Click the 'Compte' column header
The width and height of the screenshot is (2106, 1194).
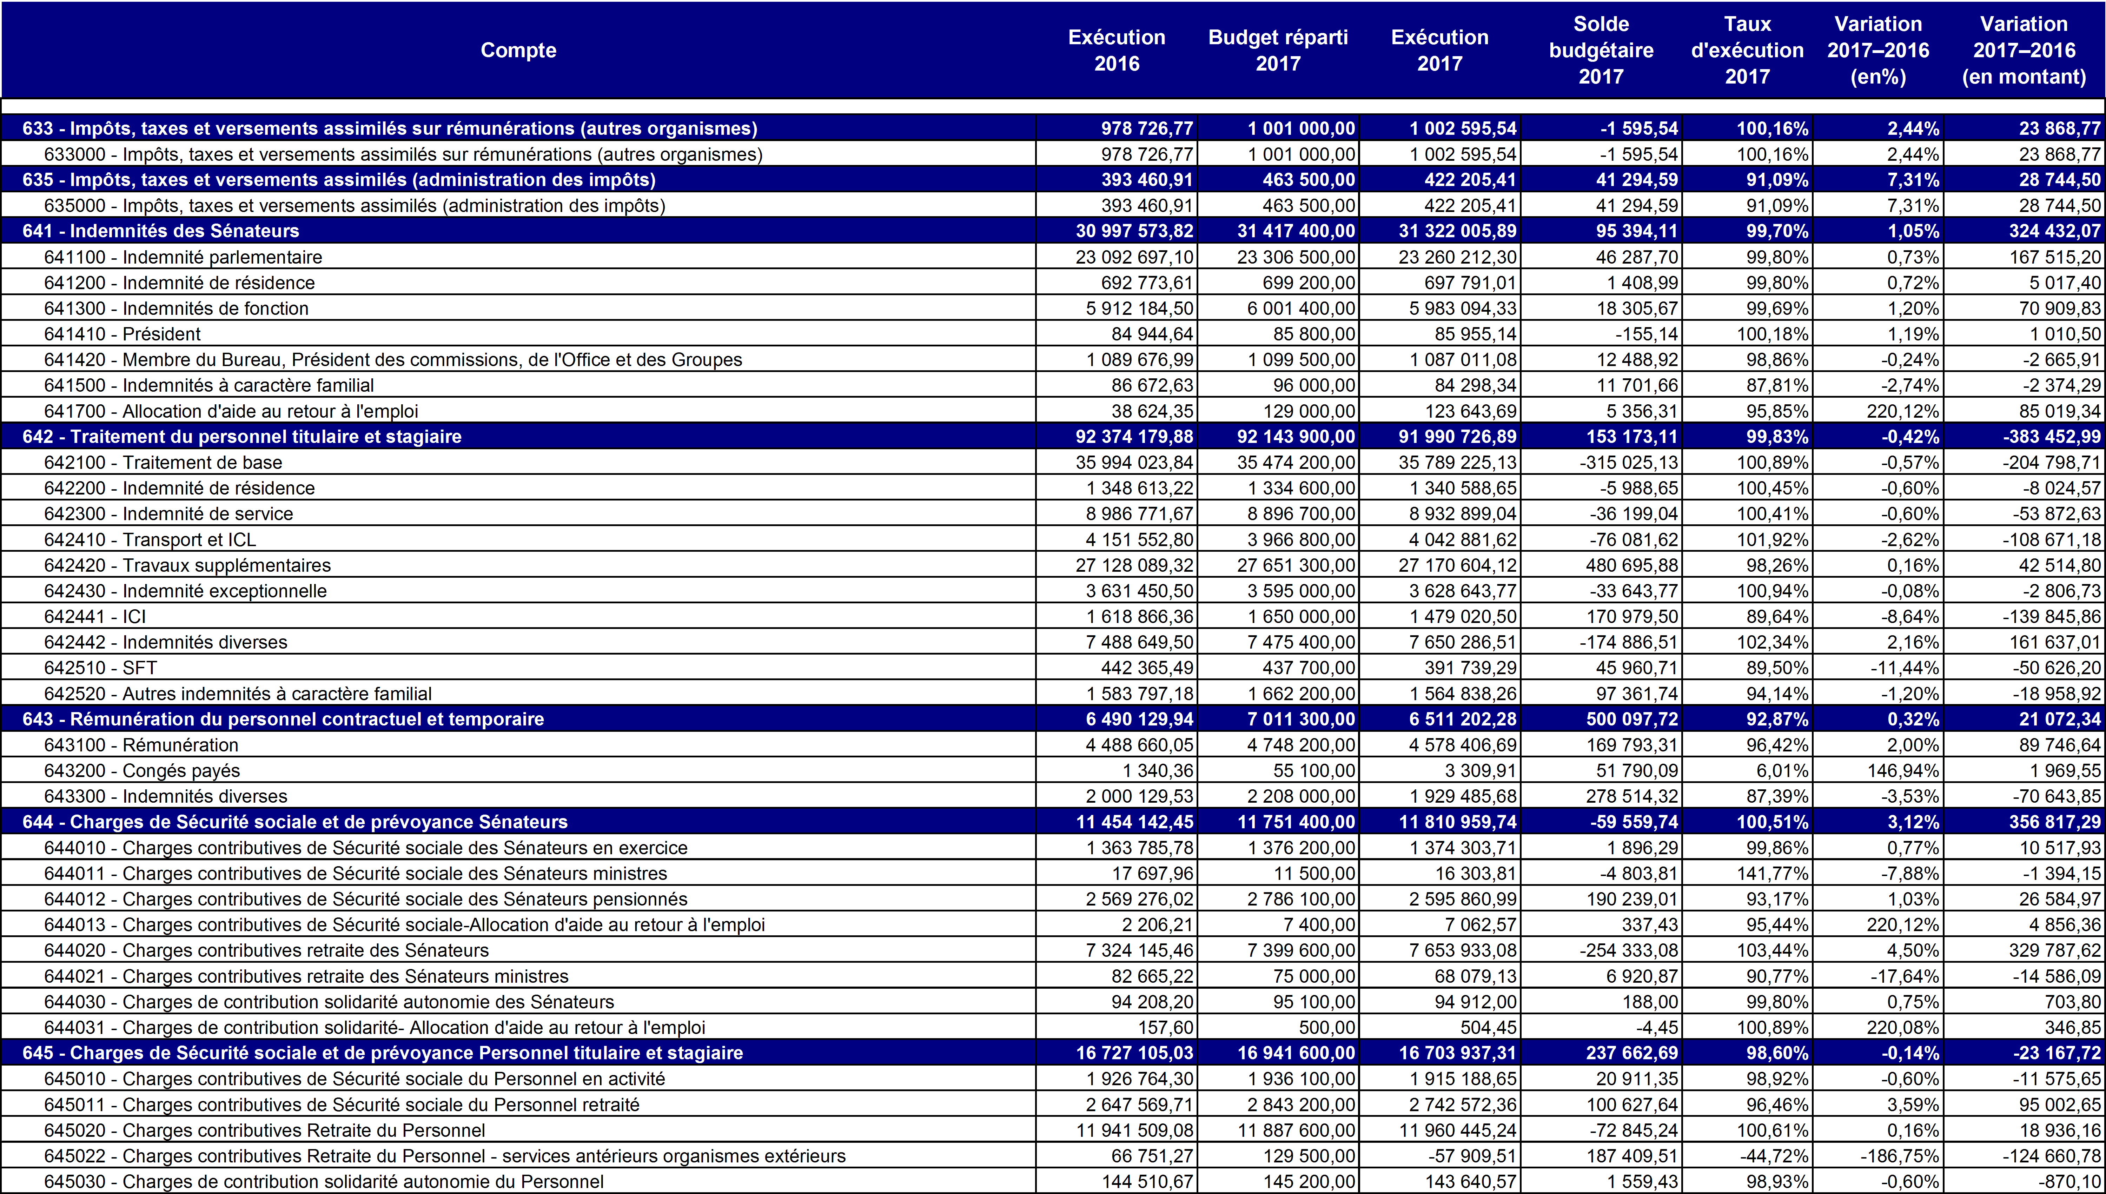(518, 50)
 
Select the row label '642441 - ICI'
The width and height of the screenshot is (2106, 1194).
(95, 617)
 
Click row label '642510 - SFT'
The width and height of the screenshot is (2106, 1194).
(100, 668)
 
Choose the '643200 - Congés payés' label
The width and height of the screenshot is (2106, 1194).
(142, 771)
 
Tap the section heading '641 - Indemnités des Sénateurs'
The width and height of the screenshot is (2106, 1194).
(161, 231)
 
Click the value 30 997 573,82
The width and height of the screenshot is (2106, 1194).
(1134, 231)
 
